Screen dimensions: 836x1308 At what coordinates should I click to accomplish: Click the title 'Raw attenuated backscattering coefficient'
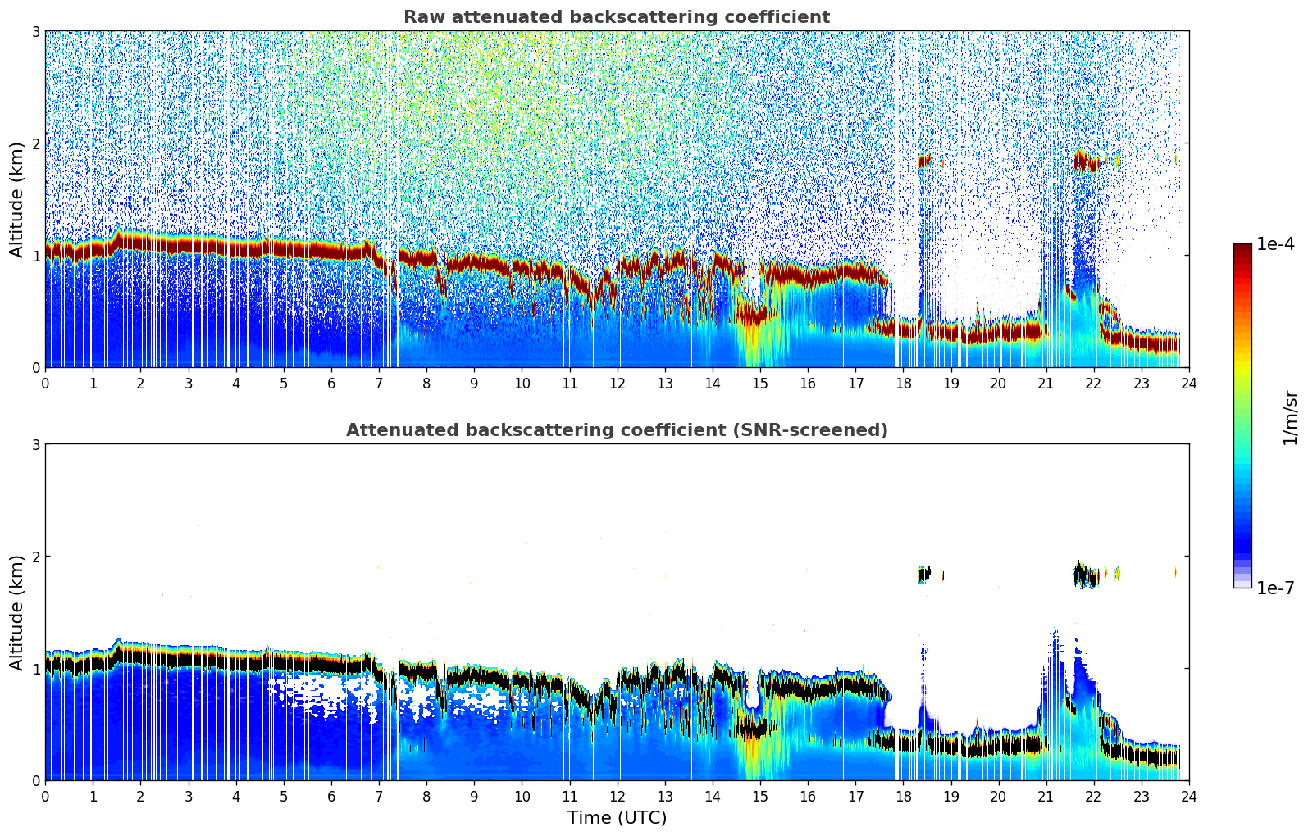click(616, 17)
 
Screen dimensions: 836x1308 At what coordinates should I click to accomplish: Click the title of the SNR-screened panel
click(616, 430)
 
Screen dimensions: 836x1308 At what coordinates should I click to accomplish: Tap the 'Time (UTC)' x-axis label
click(617, 818)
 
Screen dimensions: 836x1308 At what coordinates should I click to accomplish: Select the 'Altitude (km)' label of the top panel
click(16, 199)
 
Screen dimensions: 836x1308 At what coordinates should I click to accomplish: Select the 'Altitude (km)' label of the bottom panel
click(16, 612)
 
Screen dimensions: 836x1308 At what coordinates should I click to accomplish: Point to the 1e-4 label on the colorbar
click(1275, 244)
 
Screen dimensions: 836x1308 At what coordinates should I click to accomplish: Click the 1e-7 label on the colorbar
click(1275, 588)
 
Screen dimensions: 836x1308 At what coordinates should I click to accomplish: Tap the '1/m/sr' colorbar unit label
click(1290, 417)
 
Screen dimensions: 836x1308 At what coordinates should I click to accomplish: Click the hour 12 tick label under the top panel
click(617, 383)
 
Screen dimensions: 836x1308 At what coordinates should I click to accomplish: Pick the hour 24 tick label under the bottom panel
click(1188, 796)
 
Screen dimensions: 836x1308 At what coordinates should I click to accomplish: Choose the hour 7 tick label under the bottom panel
click(379, 796)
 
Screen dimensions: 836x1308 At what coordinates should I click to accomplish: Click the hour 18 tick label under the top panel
click(903, 383)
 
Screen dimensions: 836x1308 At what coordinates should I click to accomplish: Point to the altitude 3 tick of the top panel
click(35, 31)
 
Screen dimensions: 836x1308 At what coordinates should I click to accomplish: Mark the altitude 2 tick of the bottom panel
click(35, 557)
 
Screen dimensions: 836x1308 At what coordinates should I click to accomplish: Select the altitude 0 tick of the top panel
click(35, 367)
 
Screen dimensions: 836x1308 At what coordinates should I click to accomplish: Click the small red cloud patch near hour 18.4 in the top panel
click(925, 161)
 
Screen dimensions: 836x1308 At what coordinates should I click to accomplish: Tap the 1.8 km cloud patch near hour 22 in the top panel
click(1087, 162)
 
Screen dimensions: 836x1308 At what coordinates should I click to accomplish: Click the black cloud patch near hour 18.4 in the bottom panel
click(924, 575)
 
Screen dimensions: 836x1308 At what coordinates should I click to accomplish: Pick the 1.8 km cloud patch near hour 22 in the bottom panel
click(1087, 575)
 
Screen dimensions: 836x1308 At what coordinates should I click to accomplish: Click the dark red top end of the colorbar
click(1242, 248)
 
